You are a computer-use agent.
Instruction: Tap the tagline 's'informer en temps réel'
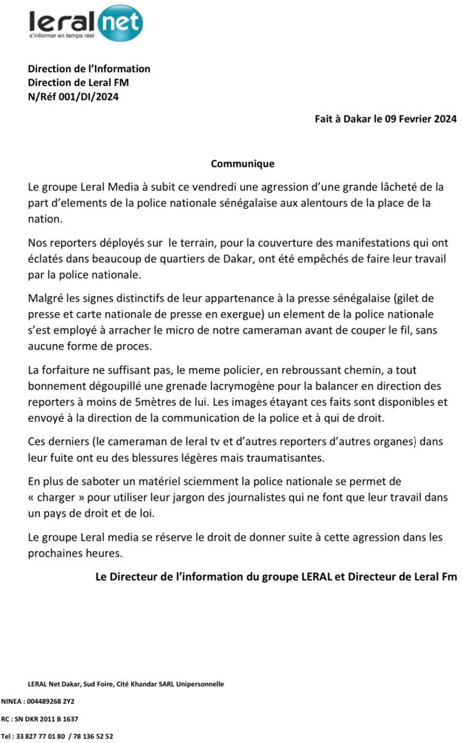click(x=61, y=34)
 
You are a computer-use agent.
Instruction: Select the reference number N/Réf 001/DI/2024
click(x=73, y=97)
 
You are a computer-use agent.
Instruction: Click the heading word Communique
click(x=242, y=164)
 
